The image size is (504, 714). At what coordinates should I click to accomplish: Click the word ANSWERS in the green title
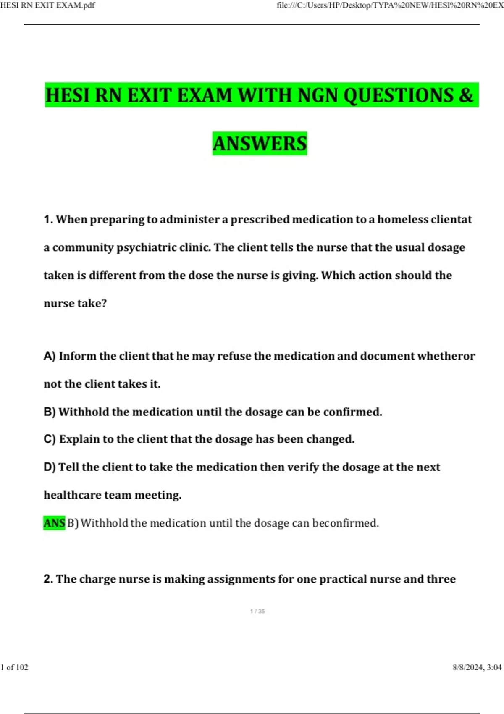point(260,144)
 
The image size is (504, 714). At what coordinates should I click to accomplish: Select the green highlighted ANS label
point(54,523)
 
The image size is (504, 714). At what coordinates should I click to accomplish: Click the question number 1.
point(48,219)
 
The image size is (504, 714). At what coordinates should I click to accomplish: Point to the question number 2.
point(48,579)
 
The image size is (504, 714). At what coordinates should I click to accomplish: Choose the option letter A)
point(50,356)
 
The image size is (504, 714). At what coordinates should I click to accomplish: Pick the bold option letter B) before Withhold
point(50,412)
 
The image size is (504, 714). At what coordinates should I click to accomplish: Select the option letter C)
point(50,439)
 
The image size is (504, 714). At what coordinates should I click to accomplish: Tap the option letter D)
point(50,467)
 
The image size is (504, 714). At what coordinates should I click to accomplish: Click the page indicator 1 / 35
point(257,611)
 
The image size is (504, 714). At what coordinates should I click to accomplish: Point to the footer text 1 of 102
point(14,667)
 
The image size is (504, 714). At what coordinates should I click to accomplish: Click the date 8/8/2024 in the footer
point(468,667)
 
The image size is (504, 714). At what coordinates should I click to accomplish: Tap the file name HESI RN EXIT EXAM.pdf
point(47,5)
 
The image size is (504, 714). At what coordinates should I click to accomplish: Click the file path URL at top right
point(390,5)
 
